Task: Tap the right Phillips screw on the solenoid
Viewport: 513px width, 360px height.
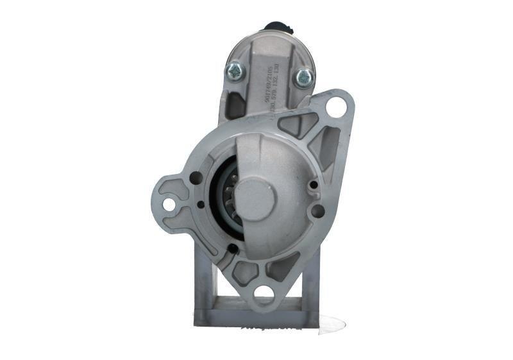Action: tap(304, 77)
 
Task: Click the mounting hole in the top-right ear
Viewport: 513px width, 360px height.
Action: tap(335, 107)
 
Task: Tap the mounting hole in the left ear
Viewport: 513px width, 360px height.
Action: tap(169, 204)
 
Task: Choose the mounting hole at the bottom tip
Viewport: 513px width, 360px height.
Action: tap(264, 293)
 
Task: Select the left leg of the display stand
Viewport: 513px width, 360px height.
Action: tap(204, 282)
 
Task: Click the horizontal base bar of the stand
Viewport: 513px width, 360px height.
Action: tap(256, 316)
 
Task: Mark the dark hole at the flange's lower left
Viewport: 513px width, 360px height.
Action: tap(233, 248)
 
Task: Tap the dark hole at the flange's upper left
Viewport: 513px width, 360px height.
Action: tap(196, 178)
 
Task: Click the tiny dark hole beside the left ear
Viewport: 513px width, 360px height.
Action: tap(201, 205)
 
